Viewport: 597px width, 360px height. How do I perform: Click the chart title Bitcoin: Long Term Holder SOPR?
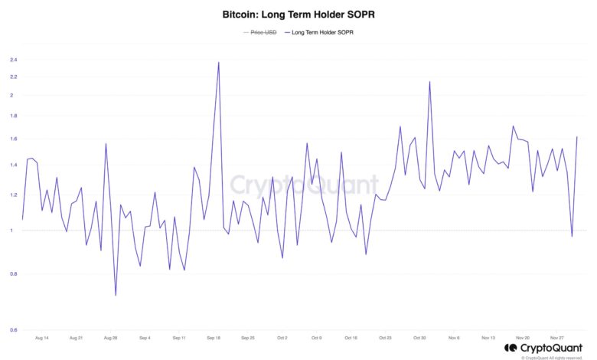point(298,15)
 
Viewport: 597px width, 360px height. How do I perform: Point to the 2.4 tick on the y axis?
point(13,60)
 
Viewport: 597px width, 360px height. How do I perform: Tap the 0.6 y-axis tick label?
point(13,330)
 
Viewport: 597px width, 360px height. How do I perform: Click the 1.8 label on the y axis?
point(13,116)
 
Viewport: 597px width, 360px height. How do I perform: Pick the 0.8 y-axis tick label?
point(13,273)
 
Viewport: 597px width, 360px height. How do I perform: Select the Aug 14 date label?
point(41,337)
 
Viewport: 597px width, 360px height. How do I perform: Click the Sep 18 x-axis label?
point(214,337)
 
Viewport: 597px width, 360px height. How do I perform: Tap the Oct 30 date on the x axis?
point(419,337)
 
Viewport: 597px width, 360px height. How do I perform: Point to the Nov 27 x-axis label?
point(557,337)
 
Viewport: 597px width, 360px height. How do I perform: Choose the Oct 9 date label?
point(317,337)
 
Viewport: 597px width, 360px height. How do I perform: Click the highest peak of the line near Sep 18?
point(219,63)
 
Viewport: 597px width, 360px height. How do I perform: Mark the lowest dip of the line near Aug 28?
point(116,295)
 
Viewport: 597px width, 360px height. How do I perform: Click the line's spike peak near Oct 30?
point(429,82)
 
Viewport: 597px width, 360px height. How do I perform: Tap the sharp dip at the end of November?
point(572,236)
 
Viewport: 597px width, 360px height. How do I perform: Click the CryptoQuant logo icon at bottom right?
point(511,349)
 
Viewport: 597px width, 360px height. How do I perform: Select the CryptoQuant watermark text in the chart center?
point(305,185)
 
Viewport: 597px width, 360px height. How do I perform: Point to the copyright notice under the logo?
point(552,357)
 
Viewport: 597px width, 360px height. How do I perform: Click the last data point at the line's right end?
point(576,137)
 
